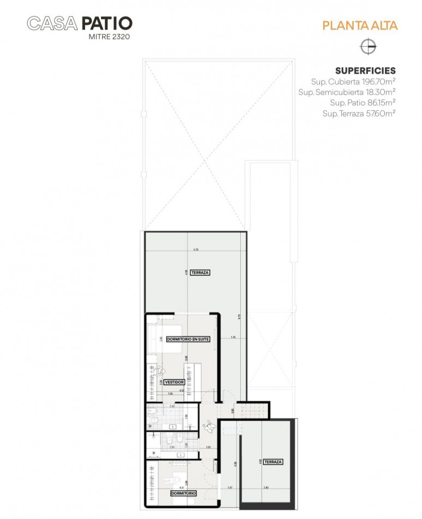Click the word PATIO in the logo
pyautogui.click(x=106, y=23)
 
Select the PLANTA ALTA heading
pyautogui.click(x=360, y=25)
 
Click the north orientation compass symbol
pyautogui.click(x=368, y=47)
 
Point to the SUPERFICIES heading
pyautogui.click(x=365, y=71)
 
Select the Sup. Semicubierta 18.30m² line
pyautogui.click(x=347, y=92)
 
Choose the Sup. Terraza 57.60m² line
pyautogui.click(x=359, y=113)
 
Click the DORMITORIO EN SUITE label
pyautogui.click(x=188, y=339)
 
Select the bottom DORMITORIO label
pyautogui.click(x=183, y=493)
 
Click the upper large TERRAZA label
pyautogui.click(x=200, y=272)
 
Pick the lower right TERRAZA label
pyautogui.click(x=273, y=462)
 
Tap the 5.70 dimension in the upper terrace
pyautogui.click(x=195, y=250)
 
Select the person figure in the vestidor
pyautogui.click(x=159, y=371)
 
